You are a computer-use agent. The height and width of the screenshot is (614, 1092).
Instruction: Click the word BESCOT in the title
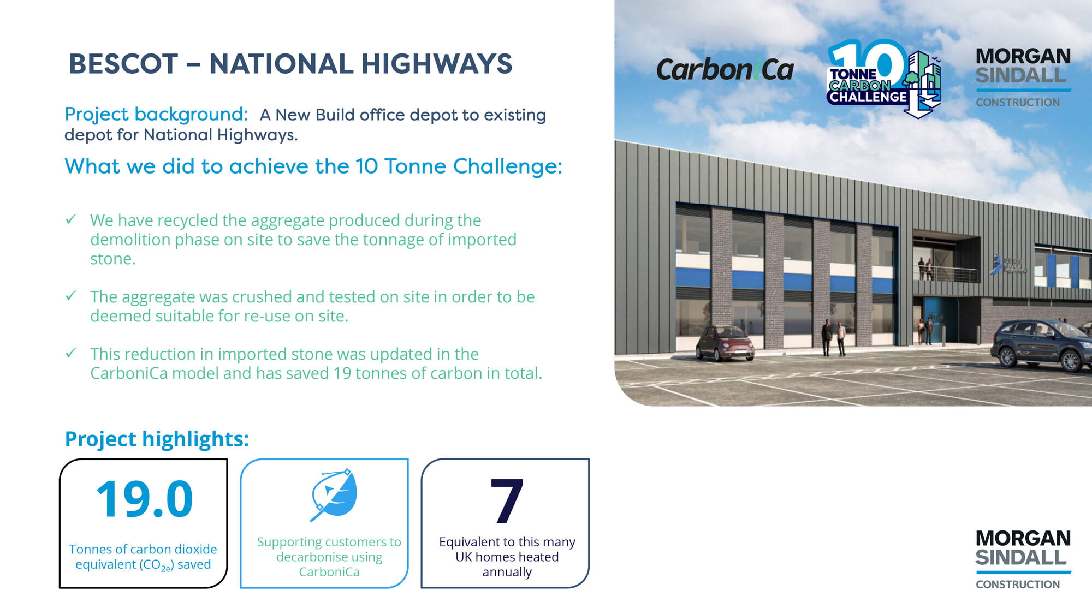(123, 64)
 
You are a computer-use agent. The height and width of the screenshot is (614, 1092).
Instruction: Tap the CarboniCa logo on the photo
(725, 70)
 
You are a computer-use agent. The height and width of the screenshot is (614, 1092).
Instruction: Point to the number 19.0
(144, 499)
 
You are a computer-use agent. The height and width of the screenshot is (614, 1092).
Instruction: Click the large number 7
(507, 500)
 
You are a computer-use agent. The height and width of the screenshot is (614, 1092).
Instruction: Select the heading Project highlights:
(157, 439)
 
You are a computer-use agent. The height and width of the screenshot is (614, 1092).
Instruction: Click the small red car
(725, 343)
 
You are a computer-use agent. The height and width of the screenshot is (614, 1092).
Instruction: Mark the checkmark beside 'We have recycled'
(70, 219)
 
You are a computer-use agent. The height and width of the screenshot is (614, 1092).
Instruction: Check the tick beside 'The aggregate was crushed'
(70, 296)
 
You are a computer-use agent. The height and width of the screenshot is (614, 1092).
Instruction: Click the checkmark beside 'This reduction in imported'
(70, 353)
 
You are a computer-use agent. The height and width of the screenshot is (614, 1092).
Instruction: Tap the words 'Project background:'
(156, 115)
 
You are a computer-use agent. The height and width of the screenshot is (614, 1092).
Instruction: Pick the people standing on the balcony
(925, 269)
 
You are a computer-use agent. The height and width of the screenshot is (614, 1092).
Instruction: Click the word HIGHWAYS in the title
(437, 64)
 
